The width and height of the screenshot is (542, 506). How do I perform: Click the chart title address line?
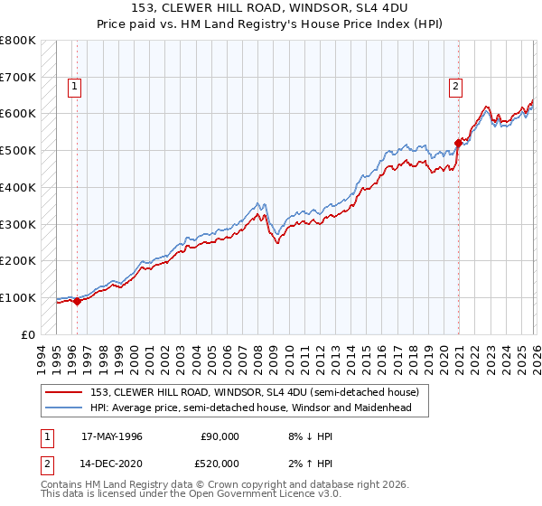[271, 8]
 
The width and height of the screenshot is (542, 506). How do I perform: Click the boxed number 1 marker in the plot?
[73, 87]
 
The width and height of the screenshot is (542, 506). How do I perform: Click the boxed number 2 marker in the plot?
[455, 87]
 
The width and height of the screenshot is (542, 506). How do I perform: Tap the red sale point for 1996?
[77, 302]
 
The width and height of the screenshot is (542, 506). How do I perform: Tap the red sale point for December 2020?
[458, 143]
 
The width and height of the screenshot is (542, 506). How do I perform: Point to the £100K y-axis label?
[18, 297]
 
